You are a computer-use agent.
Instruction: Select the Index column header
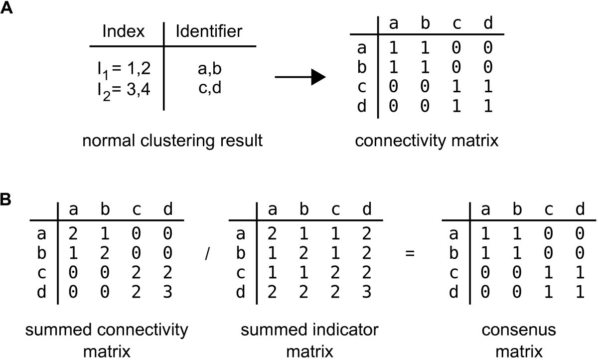(x=123, y=32)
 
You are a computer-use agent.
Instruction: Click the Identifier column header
(x=209, y=32)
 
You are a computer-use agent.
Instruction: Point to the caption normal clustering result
(x=172, y=141)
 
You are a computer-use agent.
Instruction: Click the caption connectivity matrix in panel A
(x=427, y=141)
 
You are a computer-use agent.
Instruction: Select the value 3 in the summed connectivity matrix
(x=167, y=291)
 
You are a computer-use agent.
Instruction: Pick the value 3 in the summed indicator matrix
(x=366, y=291)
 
